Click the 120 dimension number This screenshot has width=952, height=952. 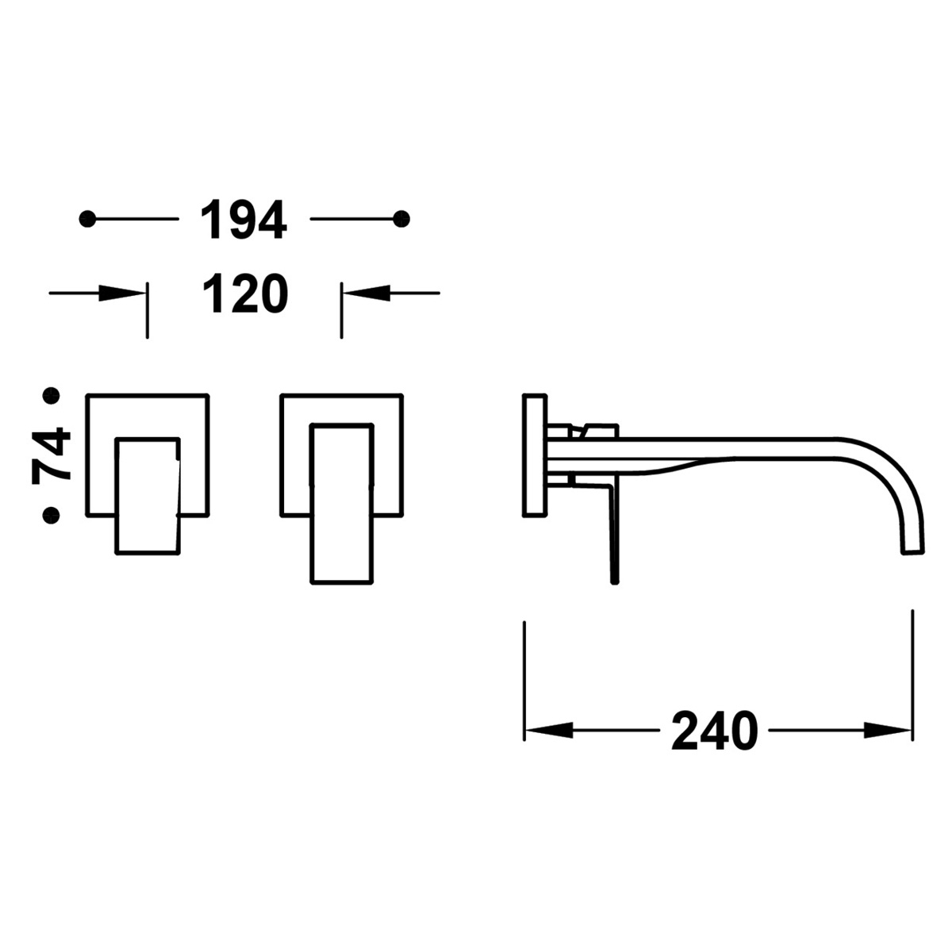[244, 294]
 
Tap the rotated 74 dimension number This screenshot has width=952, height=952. [52, 456]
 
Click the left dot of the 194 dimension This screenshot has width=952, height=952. [88, 219]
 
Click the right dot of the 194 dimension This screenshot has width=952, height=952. [402, 219]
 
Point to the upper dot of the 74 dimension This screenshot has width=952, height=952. [52, 394]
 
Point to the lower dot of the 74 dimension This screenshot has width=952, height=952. [52, 516]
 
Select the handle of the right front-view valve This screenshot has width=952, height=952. [340, 504]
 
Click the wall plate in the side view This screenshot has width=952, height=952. [535, 455]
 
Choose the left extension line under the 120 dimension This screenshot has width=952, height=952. [147, 313]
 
